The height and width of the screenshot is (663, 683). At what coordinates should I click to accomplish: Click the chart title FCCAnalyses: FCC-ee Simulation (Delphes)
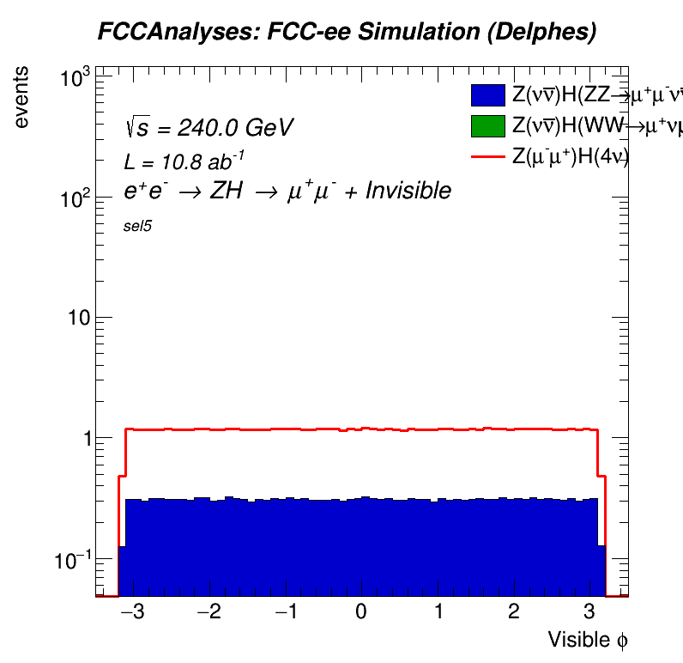click(347, 33)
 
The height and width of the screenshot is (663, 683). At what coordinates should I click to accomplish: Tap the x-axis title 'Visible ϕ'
click(589, 639)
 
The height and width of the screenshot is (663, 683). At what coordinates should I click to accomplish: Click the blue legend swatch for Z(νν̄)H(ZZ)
click(487, 94)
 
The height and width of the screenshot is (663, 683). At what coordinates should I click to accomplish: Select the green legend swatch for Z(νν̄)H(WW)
click(487, 125)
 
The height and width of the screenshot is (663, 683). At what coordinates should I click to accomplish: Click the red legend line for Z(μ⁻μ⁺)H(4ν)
click(487, 156)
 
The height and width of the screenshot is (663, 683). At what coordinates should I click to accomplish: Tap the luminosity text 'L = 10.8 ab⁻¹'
click(184, 161)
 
